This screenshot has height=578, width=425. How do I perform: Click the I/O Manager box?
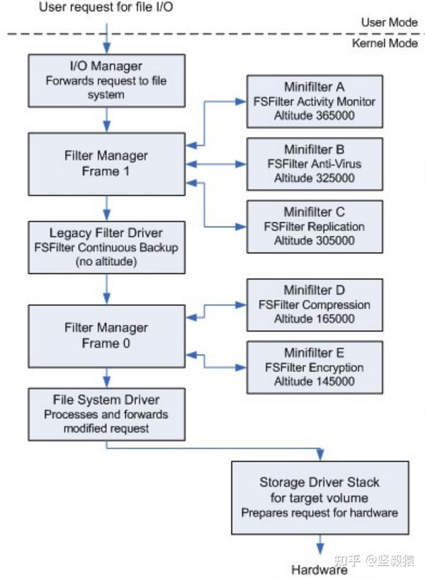pos(106,81)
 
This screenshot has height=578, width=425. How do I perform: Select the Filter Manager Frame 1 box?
pos(106,164)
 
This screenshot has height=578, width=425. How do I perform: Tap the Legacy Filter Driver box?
pos(106,246)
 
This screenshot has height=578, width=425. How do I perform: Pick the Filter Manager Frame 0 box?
pos(106,335)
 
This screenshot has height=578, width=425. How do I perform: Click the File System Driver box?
pos(106,414)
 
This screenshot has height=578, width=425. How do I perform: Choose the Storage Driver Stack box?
pos(319,496)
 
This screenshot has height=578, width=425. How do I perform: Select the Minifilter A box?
pos(314,101)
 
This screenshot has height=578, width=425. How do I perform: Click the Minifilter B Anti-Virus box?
pos(314,164)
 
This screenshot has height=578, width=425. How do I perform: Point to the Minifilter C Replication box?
pos(314,227)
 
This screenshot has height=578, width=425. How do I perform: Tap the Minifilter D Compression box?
pos(314,304)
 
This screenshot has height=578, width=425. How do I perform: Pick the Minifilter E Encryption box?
pos(314,367)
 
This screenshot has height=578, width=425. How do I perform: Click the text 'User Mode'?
pos(389,22)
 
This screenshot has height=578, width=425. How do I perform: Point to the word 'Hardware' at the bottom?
pos(319,569)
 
